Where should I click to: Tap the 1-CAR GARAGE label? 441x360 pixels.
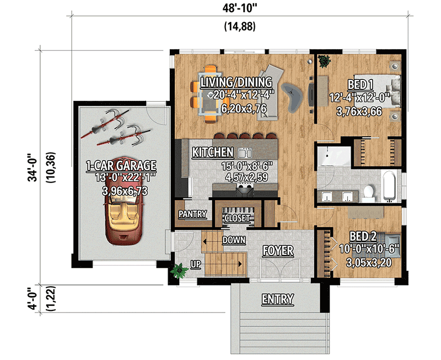[x=121, y=165]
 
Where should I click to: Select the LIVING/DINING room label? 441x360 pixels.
[x=236, y=83]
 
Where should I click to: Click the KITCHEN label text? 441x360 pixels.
[x=213, y=152]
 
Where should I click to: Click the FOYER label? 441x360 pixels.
[x=277, y=251]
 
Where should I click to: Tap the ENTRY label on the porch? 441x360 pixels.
[x=277, y=299]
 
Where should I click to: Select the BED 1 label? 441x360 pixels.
[x=361, y=85]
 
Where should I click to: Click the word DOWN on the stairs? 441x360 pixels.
[x=233, y=240]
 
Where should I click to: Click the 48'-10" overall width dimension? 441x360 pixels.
[x=239, y=9]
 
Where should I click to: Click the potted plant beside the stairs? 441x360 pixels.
[x=179, y=270]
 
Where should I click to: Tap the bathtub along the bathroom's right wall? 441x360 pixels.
[x=390, y=185]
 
